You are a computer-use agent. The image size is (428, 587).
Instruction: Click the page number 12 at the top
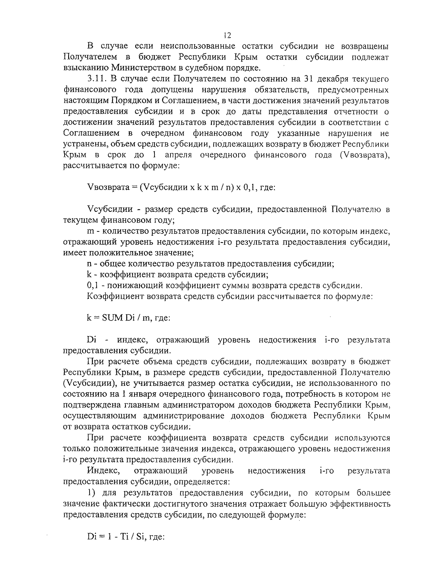(227, 35)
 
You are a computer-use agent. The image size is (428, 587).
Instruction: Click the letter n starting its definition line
(89, 264)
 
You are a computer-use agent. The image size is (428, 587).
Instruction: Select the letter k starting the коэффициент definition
(89, 275)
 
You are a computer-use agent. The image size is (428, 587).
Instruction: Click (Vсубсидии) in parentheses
(84, 383)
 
